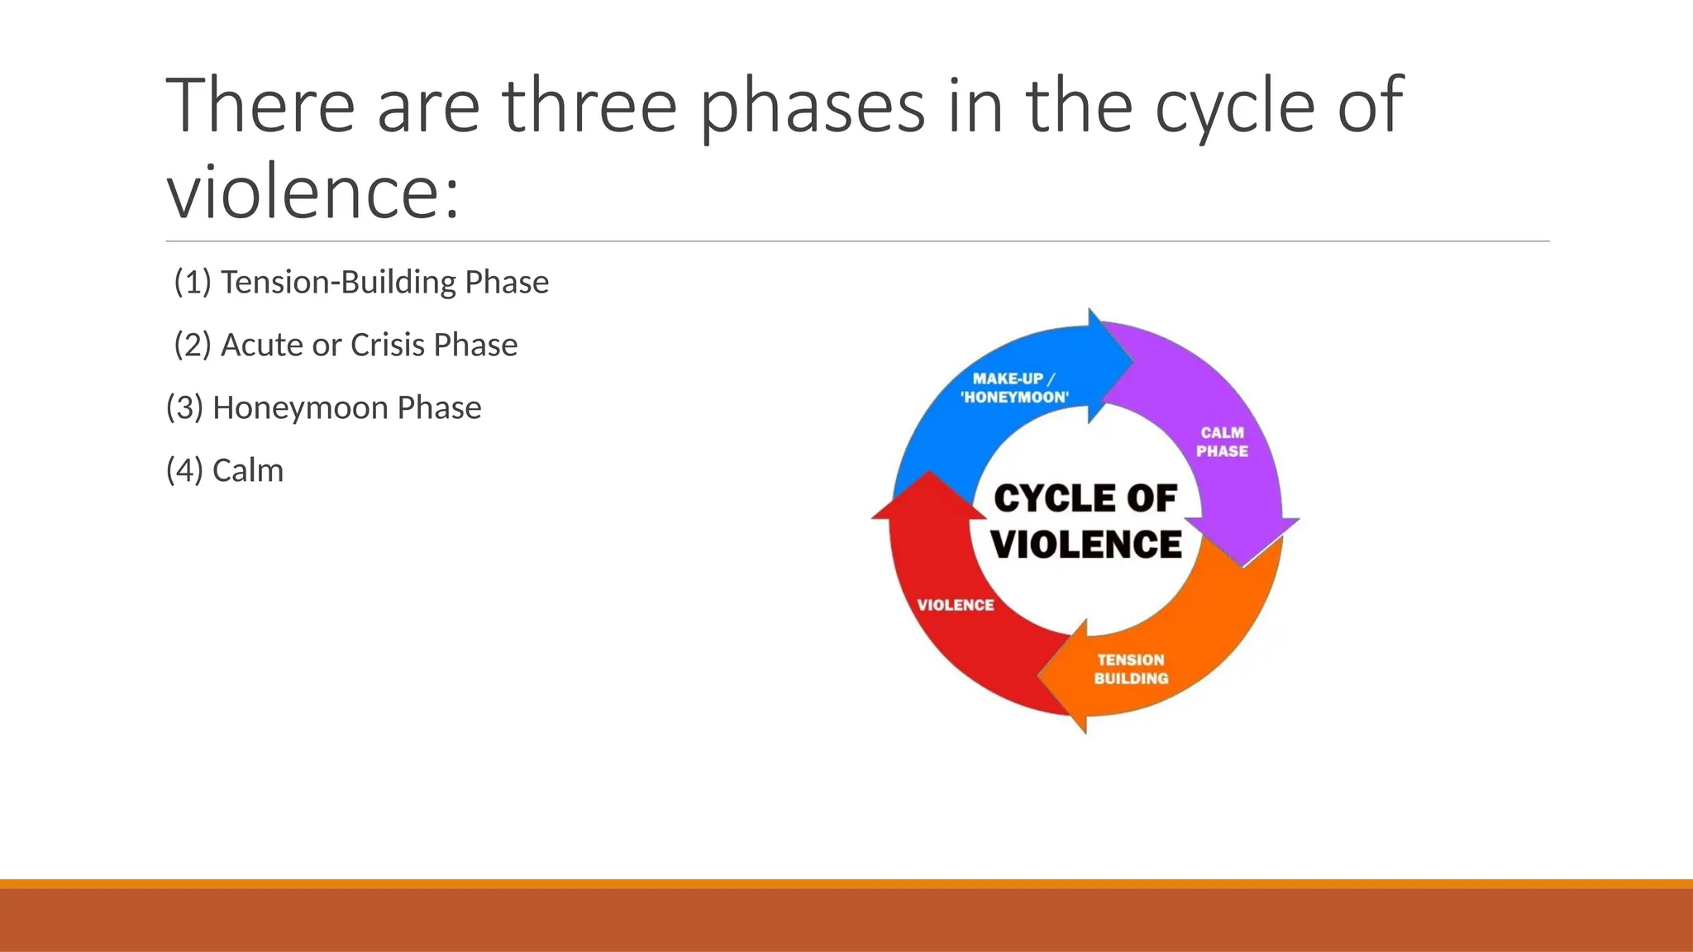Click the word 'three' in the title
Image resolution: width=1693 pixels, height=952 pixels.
coord(589,105)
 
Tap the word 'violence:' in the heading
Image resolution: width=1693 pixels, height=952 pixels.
coord(312,192)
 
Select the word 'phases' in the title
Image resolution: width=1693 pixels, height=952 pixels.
coord(812,105)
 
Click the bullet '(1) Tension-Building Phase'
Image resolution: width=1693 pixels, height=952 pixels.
coord(361,283)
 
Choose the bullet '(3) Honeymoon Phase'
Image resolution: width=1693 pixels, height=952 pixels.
coord(324,408)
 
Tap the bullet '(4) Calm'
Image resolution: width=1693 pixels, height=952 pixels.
coord(225,471)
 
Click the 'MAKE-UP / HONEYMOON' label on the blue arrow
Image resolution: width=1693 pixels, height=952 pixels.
coord(1014,388)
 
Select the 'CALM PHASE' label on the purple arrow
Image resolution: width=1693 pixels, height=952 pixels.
coord(1222,442)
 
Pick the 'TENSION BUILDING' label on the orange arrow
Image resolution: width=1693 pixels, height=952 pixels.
coord(1131,669)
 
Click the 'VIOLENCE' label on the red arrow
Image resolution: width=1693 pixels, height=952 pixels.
coord(956,605)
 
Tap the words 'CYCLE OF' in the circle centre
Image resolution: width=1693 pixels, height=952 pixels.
coord(1085,499)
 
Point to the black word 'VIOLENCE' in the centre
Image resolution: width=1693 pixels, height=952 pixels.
coord(1086,545)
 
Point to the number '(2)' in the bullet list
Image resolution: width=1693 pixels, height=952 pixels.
coord(193,345)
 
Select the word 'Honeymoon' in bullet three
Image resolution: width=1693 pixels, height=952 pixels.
coord(300,408)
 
